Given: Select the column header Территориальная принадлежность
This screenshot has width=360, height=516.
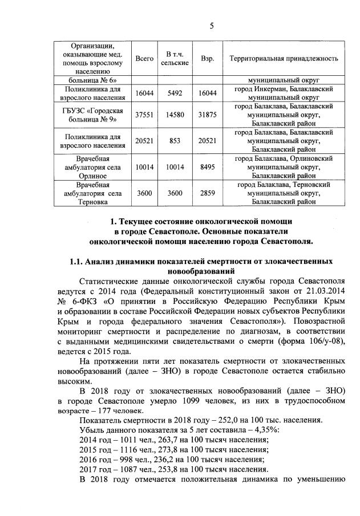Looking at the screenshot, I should click(x=284, y=59).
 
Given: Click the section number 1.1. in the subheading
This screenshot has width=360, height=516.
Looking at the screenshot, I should click(x=78, y=262).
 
